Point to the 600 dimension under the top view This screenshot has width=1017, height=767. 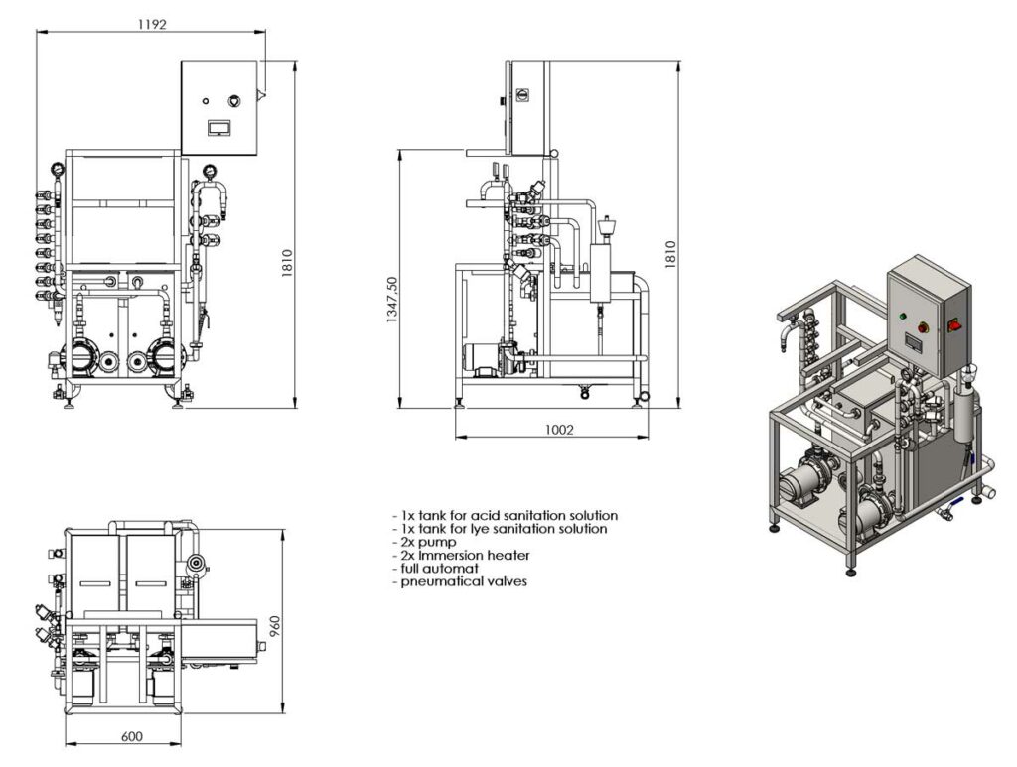(131, 736)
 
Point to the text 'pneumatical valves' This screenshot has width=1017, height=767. (462, 581)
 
